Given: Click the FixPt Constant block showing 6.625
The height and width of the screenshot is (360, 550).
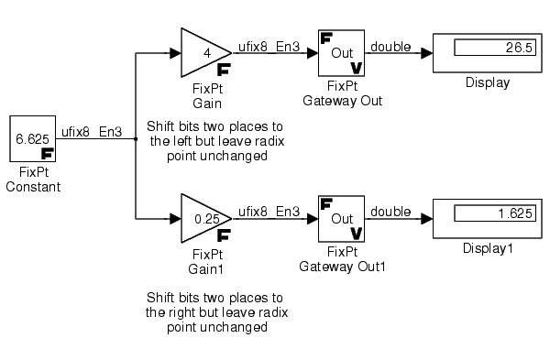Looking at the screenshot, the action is point(33,139).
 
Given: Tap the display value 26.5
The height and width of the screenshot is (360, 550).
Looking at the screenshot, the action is point(519,48).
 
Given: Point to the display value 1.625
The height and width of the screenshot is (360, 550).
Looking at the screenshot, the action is point(515,213).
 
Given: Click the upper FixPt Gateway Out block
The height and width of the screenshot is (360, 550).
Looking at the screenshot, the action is point(341,53).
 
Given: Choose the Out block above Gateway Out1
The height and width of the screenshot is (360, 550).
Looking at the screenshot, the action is point(341,219).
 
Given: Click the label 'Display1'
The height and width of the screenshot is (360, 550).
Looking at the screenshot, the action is point(488,248).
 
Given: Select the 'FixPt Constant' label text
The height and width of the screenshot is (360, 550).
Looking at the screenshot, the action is point(33,180).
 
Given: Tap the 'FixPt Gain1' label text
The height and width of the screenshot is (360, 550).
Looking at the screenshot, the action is point(207,262).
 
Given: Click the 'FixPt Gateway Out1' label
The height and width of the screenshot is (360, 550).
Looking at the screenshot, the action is point(342,259).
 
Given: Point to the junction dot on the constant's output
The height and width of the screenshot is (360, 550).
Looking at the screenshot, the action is point(136,139).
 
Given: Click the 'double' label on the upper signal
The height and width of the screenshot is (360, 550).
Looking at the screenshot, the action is point(390,47).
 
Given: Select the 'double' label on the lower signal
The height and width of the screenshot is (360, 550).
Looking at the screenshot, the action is point(390,212).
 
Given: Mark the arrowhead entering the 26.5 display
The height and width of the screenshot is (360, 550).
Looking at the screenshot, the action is point(427,53).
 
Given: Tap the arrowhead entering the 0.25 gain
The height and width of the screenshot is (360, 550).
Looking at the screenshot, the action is point(175,219).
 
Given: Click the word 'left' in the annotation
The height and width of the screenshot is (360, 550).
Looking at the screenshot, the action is point(182,141).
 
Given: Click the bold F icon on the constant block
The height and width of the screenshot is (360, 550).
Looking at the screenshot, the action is point(48,154).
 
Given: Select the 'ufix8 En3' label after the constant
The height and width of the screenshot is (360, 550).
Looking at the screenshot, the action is point(92,132).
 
